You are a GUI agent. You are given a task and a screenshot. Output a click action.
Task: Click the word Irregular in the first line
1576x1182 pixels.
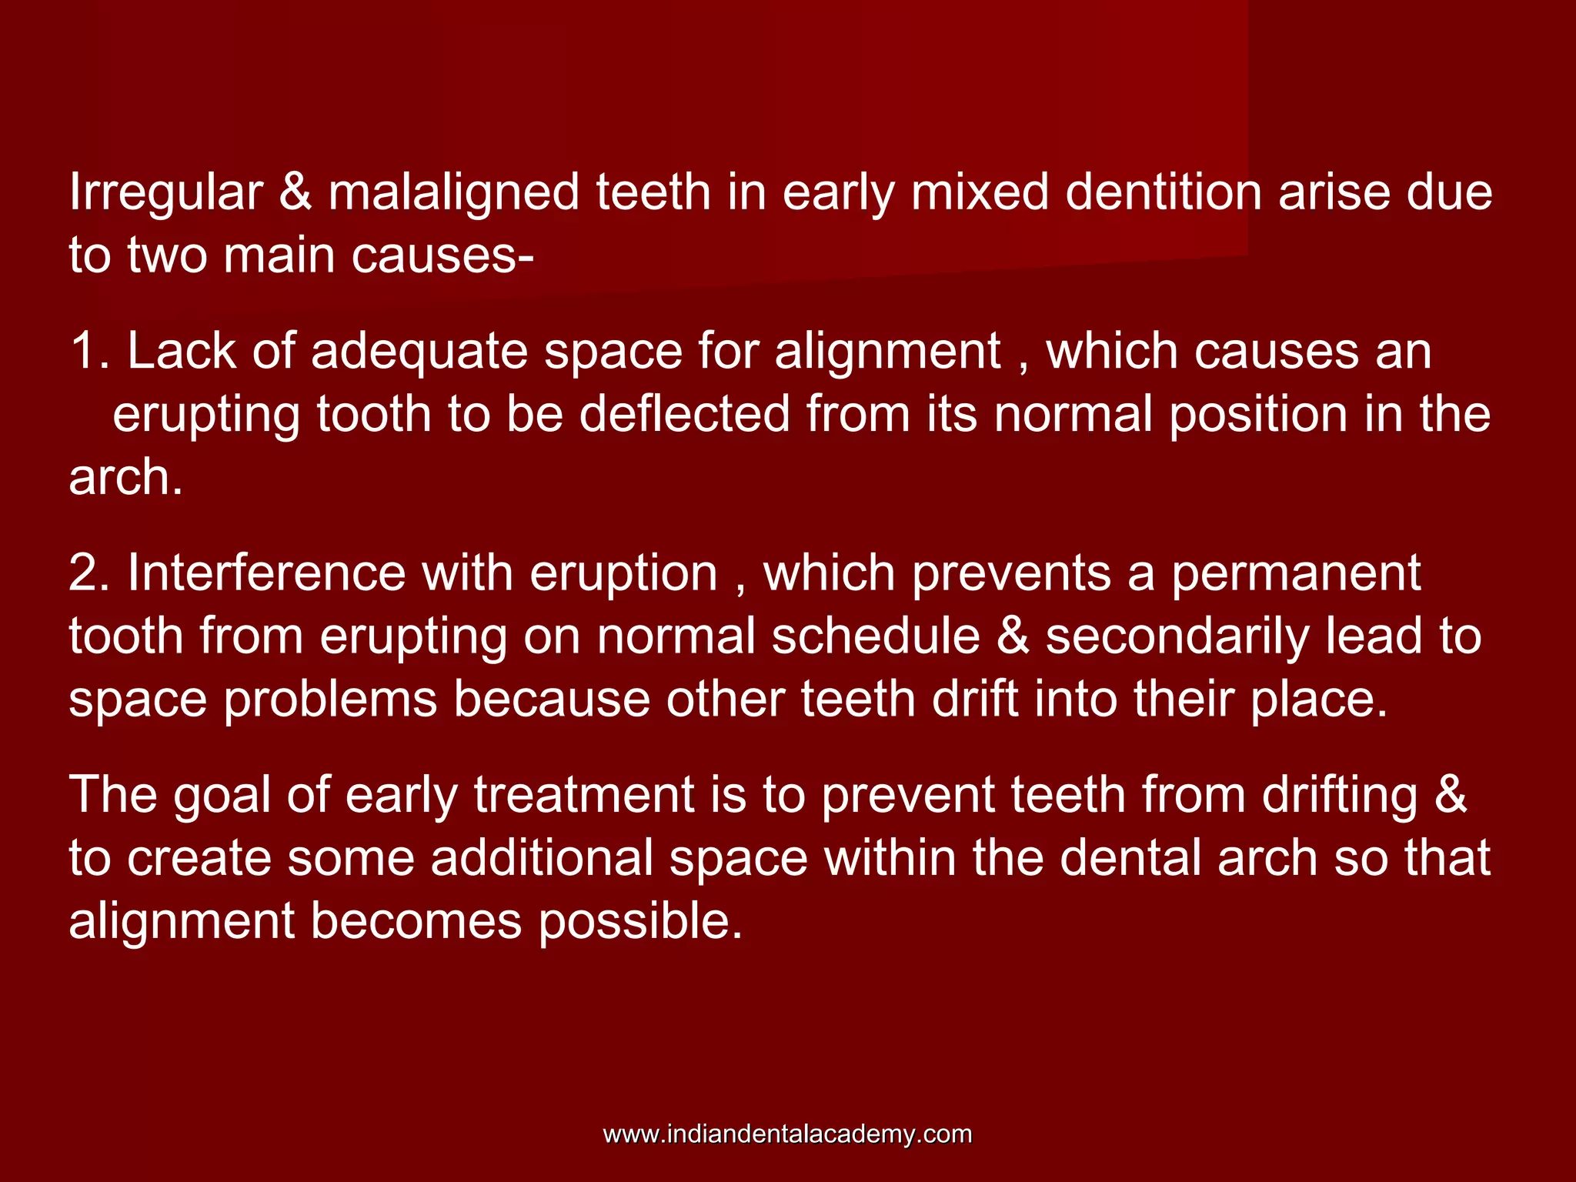pyautogui.click(x=165, y=192)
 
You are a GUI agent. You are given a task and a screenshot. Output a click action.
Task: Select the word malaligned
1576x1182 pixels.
pyautogui.click(x=453, y=192)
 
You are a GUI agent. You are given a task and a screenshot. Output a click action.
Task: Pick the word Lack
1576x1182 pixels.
pyautogui.click(x=182, y=352)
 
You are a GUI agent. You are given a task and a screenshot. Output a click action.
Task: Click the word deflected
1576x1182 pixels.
pyautogui.click(x=684, y=414)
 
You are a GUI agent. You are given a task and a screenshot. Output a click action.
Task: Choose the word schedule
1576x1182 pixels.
pyautogui.click(x=876, y=636)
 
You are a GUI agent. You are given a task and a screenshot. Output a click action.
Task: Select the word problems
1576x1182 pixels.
pyautogui.click(x=330, y=700)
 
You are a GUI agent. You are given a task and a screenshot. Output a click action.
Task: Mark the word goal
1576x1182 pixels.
pyautogui.click(x=222, y=796)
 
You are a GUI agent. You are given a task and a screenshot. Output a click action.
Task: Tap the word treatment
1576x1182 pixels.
pyautogui.click(x=585, y=795)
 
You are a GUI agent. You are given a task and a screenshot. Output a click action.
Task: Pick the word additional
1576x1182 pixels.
pyautogui.click(x=542, y=858)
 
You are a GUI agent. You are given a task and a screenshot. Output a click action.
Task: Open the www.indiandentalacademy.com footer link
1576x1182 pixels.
pyautogui.click(x=787, y=1134)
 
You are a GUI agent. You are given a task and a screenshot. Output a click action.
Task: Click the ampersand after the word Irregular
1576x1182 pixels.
pyautogui.click(x=295, y=192)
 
